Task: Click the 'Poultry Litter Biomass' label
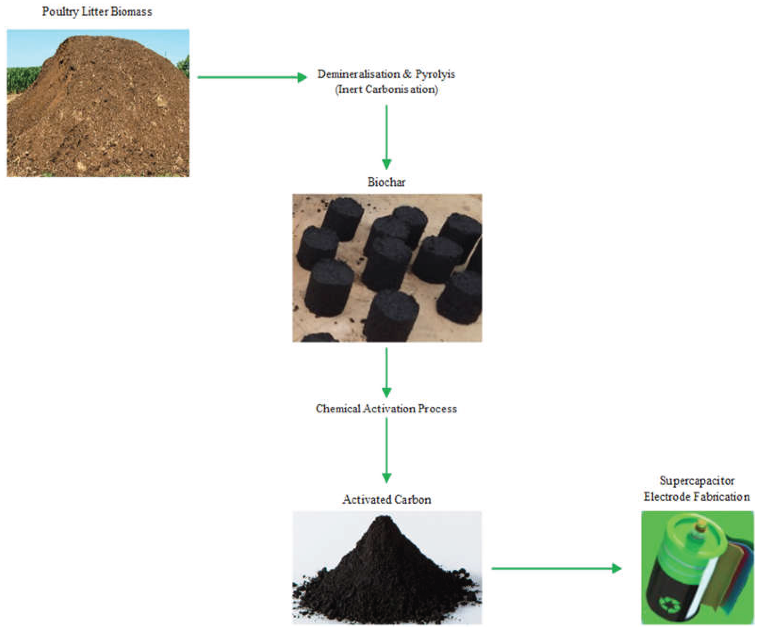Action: pos(97,12)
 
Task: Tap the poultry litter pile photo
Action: pos(98,103)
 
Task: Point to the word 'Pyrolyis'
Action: pos(435,74)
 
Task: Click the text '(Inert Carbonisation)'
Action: pos(386,89)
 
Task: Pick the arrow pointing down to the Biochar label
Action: pos(386,137)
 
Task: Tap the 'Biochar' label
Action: pos(386,182)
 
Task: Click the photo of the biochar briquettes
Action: pos(387,268)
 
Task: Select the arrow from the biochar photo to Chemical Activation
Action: pos(386,373)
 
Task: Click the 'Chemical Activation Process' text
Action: pos(386,409)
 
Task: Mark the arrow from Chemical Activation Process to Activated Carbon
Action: pos(386,450)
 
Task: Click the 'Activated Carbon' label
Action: pos(386,500)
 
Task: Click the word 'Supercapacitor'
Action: pos(697,481)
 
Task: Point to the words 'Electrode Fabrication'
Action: pos(697,497)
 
